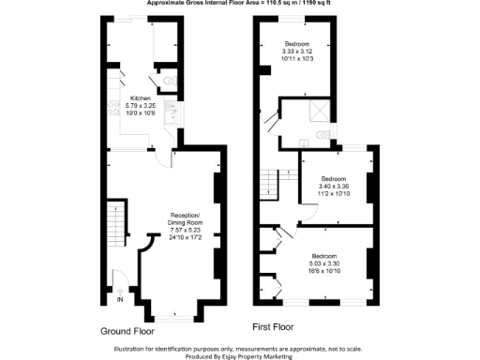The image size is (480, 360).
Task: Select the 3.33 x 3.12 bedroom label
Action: coord(304,44)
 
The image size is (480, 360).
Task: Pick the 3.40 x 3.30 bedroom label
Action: coord(334,178)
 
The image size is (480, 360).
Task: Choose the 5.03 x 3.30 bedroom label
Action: coord(324,256)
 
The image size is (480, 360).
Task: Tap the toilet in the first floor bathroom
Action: coord(323,134)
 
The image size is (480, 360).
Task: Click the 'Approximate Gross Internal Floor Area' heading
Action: coord(239,5)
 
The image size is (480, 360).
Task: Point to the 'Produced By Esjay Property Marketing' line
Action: coord(240,355)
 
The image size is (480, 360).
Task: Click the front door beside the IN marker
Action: coord(118,278)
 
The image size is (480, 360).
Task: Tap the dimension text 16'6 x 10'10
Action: coord(324,271)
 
